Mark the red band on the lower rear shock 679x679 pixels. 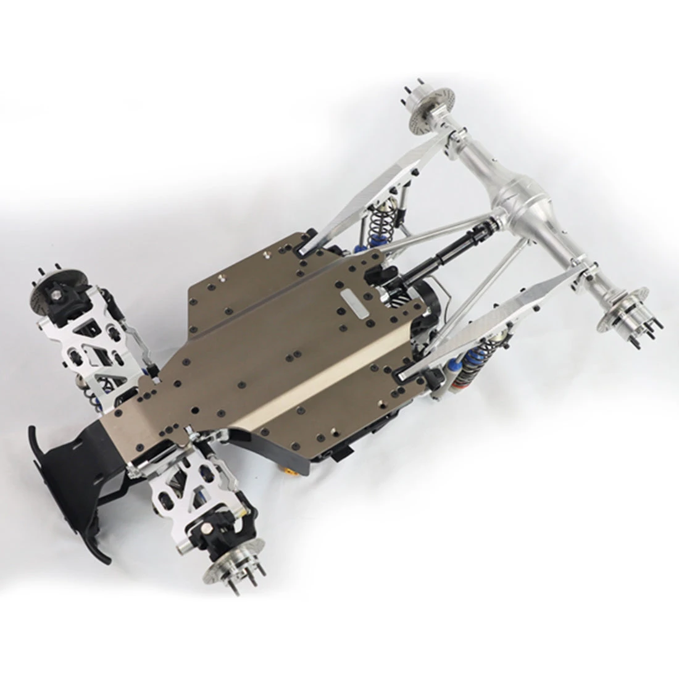click(457, 386)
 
